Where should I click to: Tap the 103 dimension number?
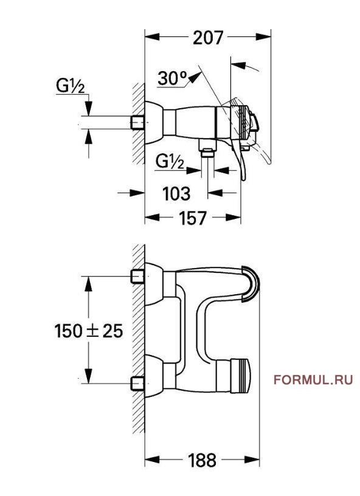pyautogui.click(x=177, y=193)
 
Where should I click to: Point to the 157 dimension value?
pyautogui.click(x=193, y=218)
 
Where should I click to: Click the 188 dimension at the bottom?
pyautogui.click(x=202, y=460)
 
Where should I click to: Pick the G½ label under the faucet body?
pyautogui.click(x=170, y=162)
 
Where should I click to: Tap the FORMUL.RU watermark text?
pyautogui.click(x=313, y=381)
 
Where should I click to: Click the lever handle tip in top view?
pyautogui.click(x=244, y=176)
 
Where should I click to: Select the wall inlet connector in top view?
pyautogui.click(x=137, y=123)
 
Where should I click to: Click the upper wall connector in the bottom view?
pyautogui.click(x=137, y=277)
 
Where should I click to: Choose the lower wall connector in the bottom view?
pyautogui.click(x=137, y=384)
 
